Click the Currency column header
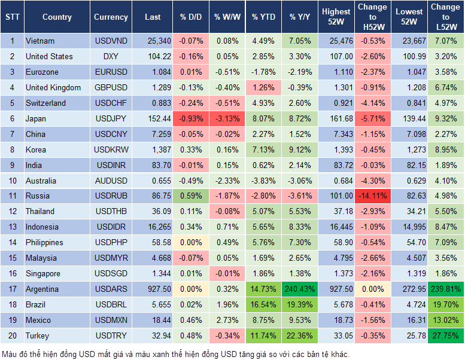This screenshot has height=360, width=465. (111, 17)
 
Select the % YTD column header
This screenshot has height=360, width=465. (263, 17)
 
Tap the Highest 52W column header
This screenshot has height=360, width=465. (336, 17)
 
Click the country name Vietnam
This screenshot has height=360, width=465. (40, 41)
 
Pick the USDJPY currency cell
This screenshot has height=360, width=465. (110, 118)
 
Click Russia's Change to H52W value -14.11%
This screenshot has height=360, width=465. (372, 196)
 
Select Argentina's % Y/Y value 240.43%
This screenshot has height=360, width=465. (300, 289)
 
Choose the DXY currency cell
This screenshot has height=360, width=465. (110, 57)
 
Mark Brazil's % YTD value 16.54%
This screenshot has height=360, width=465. (263, 304)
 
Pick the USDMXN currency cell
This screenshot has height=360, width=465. (110, 320)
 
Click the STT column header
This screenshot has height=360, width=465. (12, 17)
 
